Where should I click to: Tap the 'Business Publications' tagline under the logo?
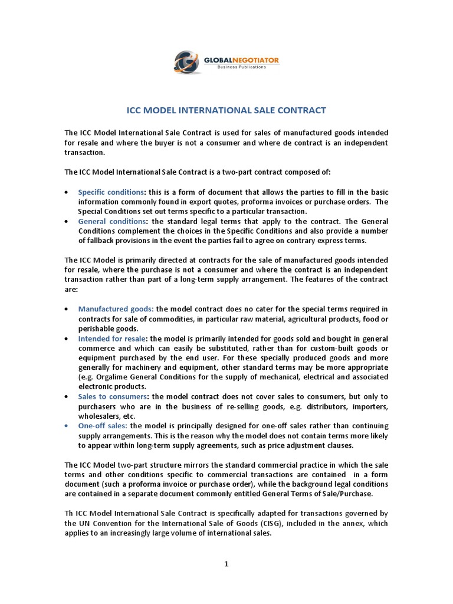click(241, 67)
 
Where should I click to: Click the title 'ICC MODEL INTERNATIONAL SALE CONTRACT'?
click(226, 110)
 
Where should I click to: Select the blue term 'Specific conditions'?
click(111, 192)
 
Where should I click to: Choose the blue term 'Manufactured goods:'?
click(116, 309)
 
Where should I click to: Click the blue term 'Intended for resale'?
click(112, 339)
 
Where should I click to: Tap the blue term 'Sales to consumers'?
click(112, 396)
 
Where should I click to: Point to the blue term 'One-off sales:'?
click(103, 425)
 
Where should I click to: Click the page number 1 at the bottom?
click(226, 564)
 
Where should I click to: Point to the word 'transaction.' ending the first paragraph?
click(84, 152)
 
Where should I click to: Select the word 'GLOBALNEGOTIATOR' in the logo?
click(241, 60)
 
